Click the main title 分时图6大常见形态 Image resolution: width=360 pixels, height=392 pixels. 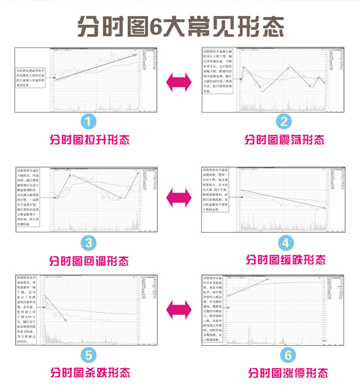point(180,25)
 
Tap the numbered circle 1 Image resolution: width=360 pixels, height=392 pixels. point(89,121)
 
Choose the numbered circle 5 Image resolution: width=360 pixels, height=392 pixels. point(89,353)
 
